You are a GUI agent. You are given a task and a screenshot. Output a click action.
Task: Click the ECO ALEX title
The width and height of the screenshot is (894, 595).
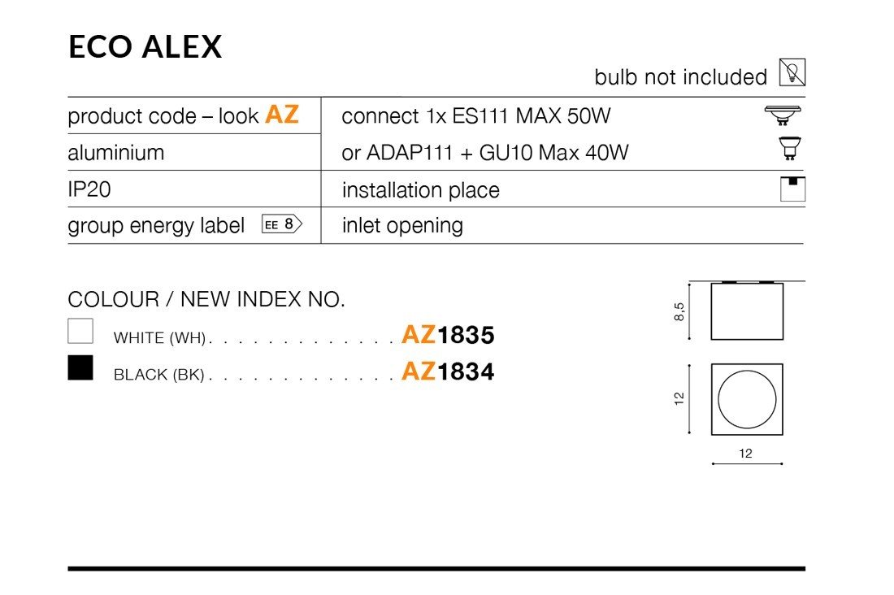click(145, 47)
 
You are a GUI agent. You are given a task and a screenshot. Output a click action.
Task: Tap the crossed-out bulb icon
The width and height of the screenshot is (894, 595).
click(792, 73)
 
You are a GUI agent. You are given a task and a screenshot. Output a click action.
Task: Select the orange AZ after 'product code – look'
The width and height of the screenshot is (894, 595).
click(282, 115)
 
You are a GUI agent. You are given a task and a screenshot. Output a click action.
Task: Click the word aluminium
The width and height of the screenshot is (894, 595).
click(115, 153)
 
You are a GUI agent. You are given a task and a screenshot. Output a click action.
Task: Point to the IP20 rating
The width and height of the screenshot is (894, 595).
click(89, 189)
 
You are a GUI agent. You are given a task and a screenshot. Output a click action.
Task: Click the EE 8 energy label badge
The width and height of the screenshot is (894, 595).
click(281, 224)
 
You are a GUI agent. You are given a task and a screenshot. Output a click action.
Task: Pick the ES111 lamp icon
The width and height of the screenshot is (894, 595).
click(783, 115)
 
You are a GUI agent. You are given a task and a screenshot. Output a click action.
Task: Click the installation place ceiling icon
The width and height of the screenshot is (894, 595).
click(792, 188)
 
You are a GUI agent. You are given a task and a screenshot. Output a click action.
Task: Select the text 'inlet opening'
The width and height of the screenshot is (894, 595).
click(402, 226)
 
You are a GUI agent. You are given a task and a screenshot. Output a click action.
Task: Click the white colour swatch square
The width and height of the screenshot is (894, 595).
click(80, 331)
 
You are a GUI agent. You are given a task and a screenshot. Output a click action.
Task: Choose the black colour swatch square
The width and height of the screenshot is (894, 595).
click(80, 367)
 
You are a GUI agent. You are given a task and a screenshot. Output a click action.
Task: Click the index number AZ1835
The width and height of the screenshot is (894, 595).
click(448, 335)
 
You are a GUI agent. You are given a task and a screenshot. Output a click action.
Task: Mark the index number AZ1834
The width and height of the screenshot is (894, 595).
click(448, 371)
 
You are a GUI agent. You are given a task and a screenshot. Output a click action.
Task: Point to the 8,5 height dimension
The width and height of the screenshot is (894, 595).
click(679, 311)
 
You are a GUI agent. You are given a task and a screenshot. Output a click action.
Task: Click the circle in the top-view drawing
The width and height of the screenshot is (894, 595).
click(747, 400)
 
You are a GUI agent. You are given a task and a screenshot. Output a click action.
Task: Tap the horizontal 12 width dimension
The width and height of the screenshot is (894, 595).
click(746, 454)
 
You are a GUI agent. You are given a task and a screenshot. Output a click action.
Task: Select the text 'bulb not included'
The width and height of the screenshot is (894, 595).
click(680, 77)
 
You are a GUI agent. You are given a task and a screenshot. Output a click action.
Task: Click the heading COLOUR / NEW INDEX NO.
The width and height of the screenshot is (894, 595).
click(206, 299)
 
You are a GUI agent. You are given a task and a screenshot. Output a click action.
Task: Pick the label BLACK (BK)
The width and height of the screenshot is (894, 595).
click(158, 375)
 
